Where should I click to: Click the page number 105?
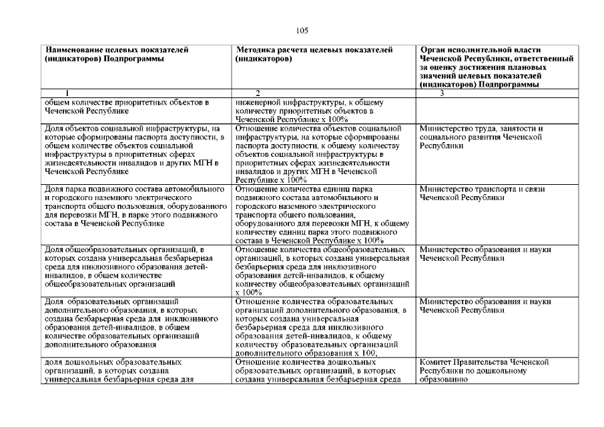click(x=302, y=30)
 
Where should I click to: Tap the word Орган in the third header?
click(x=435, y=49)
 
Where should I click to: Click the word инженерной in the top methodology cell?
click(x=258, y=102)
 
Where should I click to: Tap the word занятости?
click(x=513, y=128)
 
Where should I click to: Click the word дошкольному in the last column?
click(x=518, y=371)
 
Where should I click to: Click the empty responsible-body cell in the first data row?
click(x=495, y=109)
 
